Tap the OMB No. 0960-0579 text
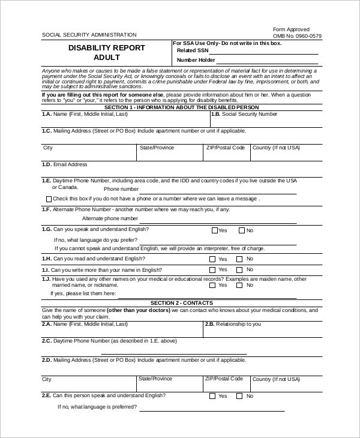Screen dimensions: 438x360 (297, 36)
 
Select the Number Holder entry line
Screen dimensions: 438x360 (267, 61)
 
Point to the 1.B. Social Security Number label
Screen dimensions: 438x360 (244, 114)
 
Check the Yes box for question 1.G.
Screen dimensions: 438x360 (214, 230)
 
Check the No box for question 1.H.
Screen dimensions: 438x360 (240, 259)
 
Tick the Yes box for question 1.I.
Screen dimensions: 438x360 (212, 271)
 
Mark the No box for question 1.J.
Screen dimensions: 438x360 (240, 286)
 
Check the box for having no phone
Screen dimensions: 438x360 (49, 199)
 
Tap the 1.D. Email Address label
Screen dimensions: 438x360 (65, 164)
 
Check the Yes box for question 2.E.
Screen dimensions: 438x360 (212, 396)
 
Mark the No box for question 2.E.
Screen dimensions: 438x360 (239, 396)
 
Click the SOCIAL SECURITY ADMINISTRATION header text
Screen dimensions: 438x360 (89, 35)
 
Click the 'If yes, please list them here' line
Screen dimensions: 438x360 (207, 295)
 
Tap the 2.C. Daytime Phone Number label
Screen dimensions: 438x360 (109, 341)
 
